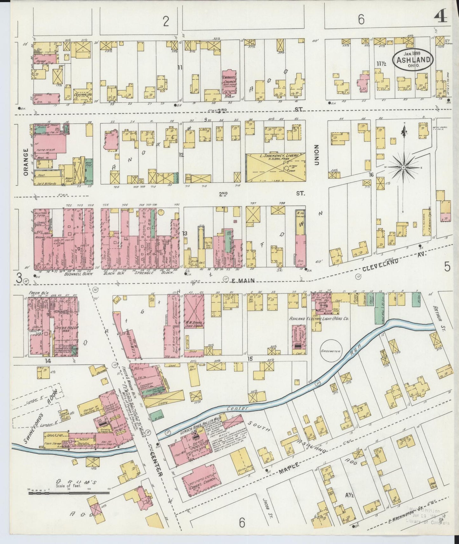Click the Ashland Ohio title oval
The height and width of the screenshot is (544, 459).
[413, 60]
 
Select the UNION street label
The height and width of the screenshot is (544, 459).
[316, 155]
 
